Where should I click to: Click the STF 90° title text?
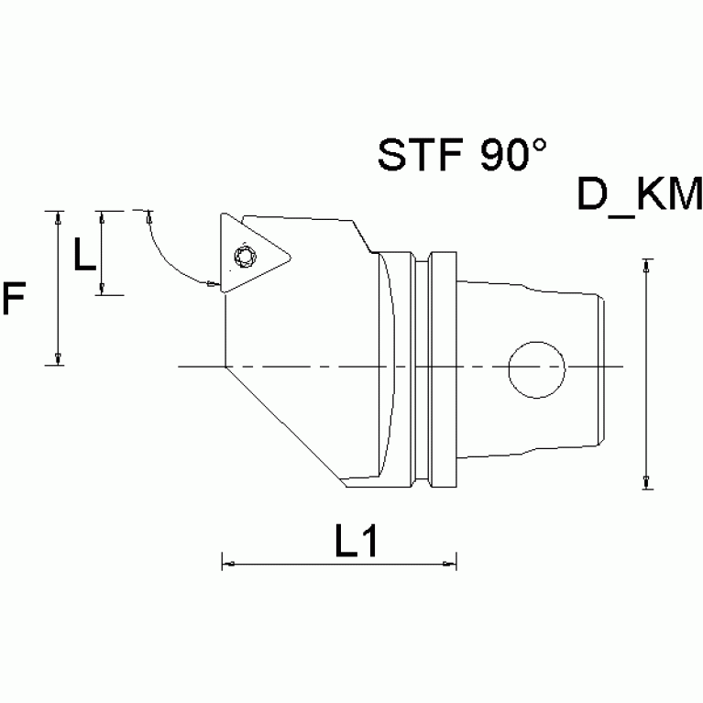(462, 156)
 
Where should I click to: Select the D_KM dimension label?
(640, 195)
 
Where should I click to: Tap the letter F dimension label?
(14, 300)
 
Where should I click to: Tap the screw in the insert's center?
(245, 254)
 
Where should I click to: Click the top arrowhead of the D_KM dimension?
(647, 266)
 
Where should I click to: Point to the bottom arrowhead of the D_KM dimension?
(647, 482)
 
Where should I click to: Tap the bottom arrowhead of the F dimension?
(59, 359)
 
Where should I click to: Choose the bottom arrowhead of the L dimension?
(102, 289)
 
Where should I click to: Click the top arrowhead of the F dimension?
(59, 218)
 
